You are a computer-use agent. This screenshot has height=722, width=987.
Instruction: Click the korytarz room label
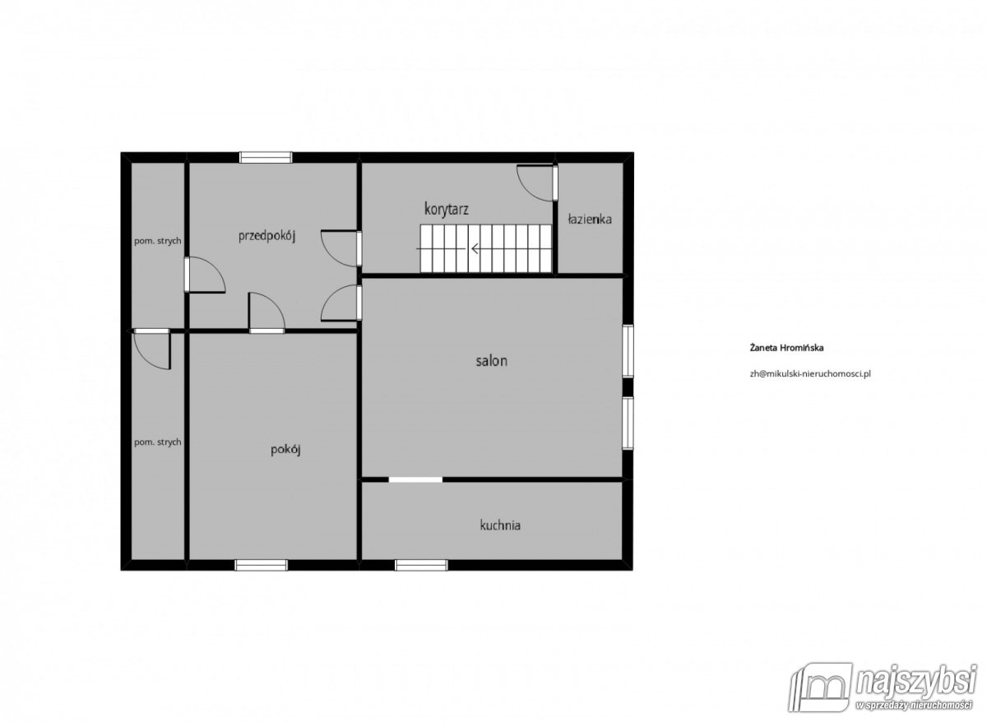click(x=447, y=209)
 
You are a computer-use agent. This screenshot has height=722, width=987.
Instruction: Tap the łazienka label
click(x=590, y=219)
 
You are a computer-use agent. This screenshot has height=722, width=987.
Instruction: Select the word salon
click(x=492, y=361)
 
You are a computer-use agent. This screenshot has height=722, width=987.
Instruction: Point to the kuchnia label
click(x=500, y=525)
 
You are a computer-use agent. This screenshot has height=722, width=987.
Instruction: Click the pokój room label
click(x=285, y=450)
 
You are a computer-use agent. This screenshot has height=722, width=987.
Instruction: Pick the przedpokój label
click(x=266, y=236)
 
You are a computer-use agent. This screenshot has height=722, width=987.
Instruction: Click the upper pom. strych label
click(x=158, y=241)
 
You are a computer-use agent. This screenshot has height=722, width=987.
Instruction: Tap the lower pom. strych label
click(x=158, y=442)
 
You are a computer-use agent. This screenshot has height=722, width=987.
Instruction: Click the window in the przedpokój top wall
click(x=266, y=157)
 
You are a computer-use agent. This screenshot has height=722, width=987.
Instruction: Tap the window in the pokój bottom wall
click(x=261, y=565)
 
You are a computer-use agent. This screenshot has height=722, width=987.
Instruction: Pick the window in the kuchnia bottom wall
click(x=421, y=565)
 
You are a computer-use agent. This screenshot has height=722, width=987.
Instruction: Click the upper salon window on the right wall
click(x=628, y=351)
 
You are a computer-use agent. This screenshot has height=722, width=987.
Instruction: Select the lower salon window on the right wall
click(x=628, y=423)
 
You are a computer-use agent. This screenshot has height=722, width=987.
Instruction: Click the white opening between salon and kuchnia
click(x=415, y=479)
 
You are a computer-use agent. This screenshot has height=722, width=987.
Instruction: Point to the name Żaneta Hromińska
click(x=786, y=348)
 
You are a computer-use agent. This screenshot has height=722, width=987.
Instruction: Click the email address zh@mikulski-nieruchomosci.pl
click(x=810, y=373)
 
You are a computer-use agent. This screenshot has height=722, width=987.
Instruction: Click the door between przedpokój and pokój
click(x=266, y=312)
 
